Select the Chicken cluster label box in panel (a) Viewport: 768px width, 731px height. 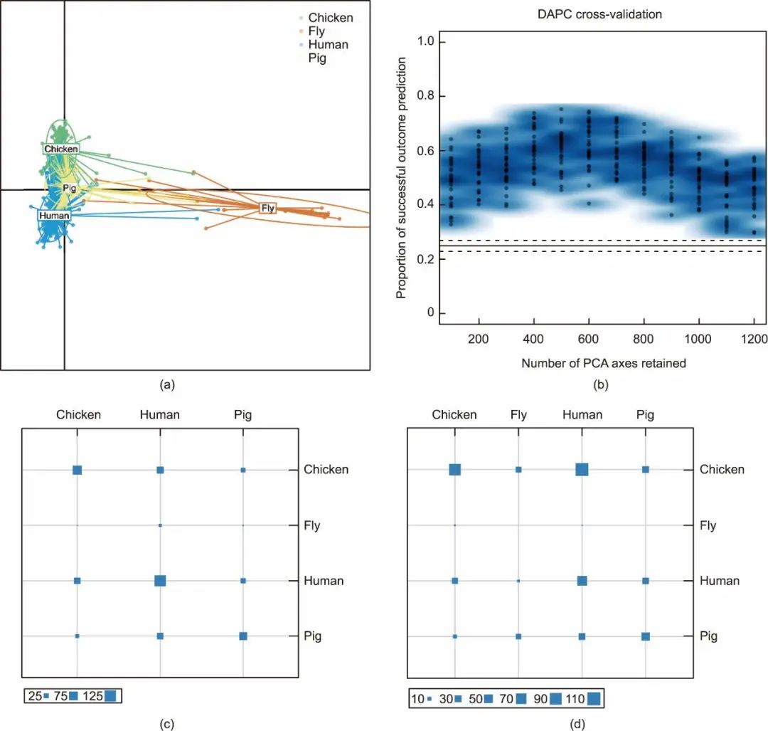click(x=61, y=149)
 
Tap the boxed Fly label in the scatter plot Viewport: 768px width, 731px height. click(x=268, y=209)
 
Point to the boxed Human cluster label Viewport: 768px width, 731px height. click(x=54, y=216)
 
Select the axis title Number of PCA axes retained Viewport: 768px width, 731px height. click(x=604, y=363)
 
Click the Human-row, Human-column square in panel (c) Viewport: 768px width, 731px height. click(x=160, y=581)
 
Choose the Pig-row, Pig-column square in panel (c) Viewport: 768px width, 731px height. click(x=243, y=636)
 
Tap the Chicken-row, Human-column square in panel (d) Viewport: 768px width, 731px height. click(x=582, y=470)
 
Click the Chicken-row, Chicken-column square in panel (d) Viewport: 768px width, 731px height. click(x=455, y=470)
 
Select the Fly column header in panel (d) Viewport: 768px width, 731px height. click(x=518, y=414)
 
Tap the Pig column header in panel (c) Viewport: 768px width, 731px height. click(x=242, y=414)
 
